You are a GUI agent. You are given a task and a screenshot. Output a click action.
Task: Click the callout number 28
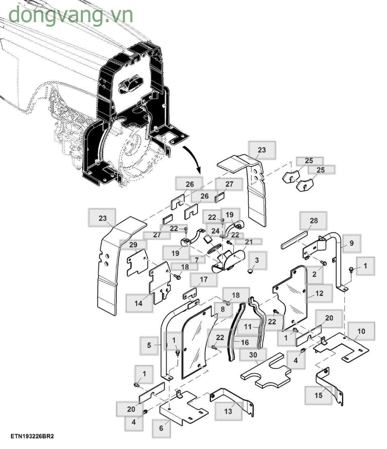point(313,221)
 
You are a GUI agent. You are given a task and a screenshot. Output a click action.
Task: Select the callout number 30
point(253,355)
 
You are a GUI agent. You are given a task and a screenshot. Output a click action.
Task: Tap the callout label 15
point(318,395)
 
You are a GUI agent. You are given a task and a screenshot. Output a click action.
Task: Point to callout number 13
point(228,411)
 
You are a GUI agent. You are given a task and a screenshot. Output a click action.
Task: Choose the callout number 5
point(149,345)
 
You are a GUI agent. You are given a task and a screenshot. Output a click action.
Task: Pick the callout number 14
point(139,303)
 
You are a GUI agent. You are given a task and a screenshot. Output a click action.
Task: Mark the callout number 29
point(133,245)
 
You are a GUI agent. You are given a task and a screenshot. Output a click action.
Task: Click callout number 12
point(319,293)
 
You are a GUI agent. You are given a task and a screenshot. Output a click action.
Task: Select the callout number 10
point(361,331)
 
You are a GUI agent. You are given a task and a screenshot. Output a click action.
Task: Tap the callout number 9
point(351,243)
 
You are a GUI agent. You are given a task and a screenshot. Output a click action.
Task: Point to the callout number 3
point(257,260)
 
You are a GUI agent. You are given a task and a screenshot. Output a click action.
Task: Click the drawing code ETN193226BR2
point(32,436)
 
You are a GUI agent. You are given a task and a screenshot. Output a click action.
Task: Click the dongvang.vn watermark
point(70,15)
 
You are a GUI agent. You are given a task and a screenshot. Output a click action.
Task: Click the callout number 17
point(204,280)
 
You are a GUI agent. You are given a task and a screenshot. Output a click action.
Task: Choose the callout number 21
point(249,242)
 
